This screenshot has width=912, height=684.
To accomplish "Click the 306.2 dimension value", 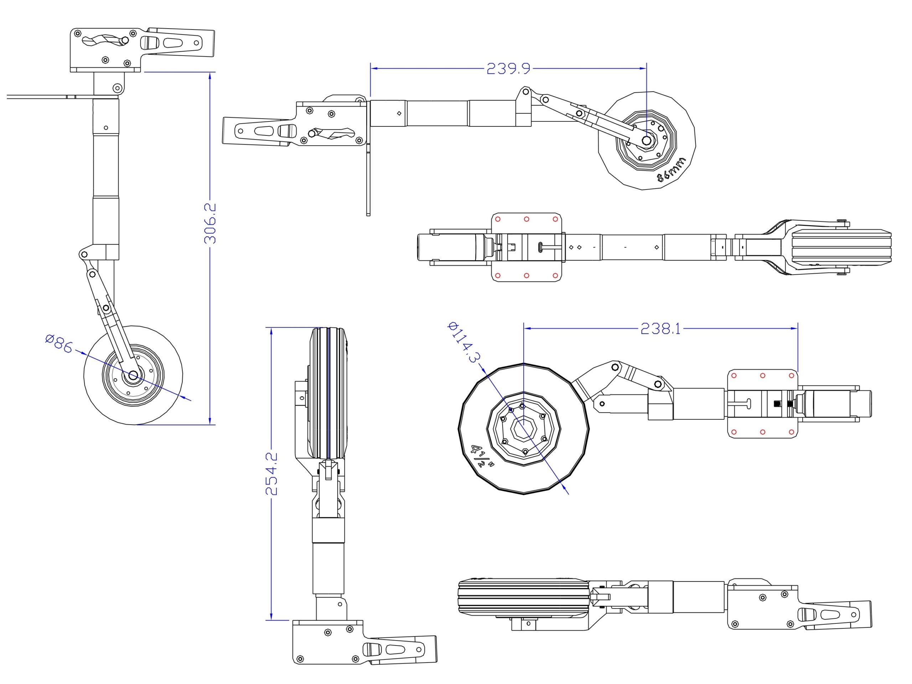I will pyautogui.click(x=210, y=223).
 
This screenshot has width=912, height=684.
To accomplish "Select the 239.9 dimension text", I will pyautogui.click(x=508, y=68).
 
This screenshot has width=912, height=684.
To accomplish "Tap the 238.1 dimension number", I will pyautogui.click(x=660, y=328).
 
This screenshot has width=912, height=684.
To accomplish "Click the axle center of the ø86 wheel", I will pyautogui.click(x=133, y=375).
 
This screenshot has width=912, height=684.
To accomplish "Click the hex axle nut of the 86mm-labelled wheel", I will pyautogui.click(x=646, y=141).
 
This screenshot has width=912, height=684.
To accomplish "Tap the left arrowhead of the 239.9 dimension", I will pyautogui.click(x=373, y=68).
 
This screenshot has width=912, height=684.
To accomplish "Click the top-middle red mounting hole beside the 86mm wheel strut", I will pyautogui.click(x=527, y=219).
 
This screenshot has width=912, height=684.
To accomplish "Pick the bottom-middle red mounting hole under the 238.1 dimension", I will pyautogui.click(x=762, y=432).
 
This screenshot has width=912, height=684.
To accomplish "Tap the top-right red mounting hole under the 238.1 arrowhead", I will pyautogui.click(x=791, y=375).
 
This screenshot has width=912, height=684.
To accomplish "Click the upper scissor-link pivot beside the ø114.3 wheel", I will pyautogui.click(x=615, y=367).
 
